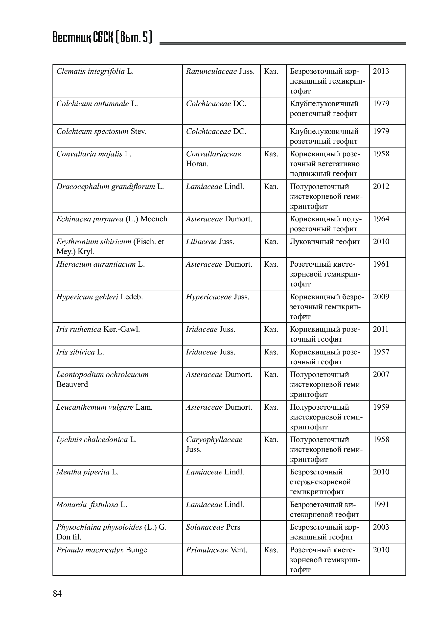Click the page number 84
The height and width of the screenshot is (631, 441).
[x=57, y=593]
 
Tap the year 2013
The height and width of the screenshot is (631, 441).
[x=381, y=71]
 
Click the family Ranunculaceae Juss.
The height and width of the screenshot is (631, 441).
[x=220, y=71]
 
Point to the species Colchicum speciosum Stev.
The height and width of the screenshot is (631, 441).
[x=101, y=131]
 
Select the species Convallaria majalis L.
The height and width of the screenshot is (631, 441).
[x=94, y=154]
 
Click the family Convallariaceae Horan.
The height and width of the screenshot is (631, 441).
[x=213, y=159]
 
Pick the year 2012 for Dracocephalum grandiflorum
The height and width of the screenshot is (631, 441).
[x=381, y=187]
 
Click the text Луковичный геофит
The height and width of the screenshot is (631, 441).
[x=325, y=242]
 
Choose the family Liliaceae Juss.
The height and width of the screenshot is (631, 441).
[x=210, y=242]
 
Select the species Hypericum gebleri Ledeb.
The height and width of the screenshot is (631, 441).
[x=99, y=297]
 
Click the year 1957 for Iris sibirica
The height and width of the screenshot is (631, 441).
[x=381, y=352]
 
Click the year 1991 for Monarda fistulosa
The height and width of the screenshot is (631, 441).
[x=381, y=504]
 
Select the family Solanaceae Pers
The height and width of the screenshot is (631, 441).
[x=213, y=527]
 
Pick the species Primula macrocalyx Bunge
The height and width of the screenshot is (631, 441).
[x=102, y=550]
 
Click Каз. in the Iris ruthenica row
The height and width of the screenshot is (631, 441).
[x=271, y=329]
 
